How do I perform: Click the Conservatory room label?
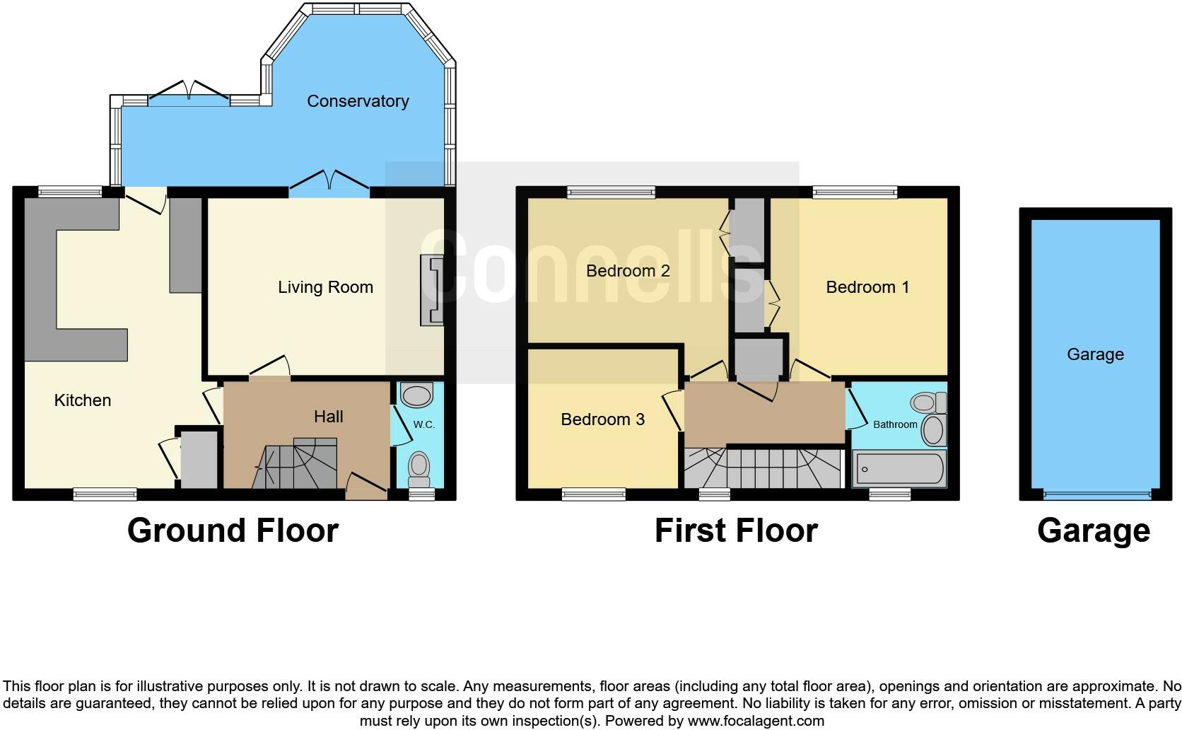[x=358, y=101]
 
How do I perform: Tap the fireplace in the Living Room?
[x=432, y=290]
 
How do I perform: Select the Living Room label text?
[x=325, y=287]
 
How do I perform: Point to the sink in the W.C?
[x=416, y=395]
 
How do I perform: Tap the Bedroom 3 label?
[x=602, y=419]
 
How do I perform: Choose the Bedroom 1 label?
[x=867, y=287]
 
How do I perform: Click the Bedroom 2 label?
[x=628, y=271]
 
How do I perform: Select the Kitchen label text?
[x=83, y=400]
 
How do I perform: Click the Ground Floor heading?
[x=233, y=531]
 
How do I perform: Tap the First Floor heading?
[x=736, y=531]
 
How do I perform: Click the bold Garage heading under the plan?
[x=1093, y=531]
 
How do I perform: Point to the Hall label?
[x=329, y=417]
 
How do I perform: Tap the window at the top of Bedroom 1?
[x=855, y=191]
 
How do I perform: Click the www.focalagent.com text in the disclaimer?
[x=755, y=722]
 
